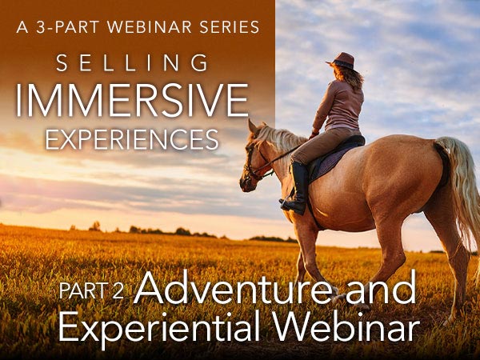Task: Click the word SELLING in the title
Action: pyautogui.click(x=132, y=62)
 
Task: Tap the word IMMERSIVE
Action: pyautogui.click(x=132, y=100)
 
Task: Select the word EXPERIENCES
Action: pyautogui.click(x=132, y=139)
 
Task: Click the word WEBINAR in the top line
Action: pyautogui.click(x=150, y=27)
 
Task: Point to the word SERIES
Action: pyautogui.click(x=230, y=27)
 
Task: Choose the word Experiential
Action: pyautogui.click(x=159, y=327)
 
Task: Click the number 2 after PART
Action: pyautogui.click(x=118, y=291)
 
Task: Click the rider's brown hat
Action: pyautogui.click(x=342, y=61)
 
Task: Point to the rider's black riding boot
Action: pyautogui.click(x=295, y=188)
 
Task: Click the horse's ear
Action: pyautogui.click(x=253, y=126)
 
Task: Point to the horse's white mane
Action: pyautogui.click(x=280, y=138)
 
